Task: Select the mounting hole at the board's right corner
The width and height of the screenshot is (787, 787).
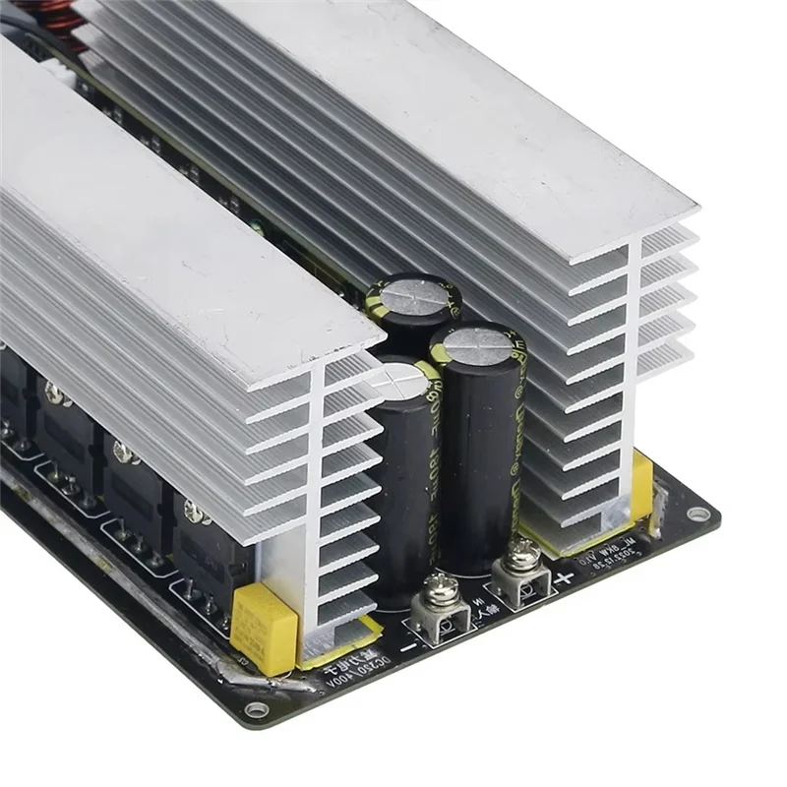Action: point(697,514)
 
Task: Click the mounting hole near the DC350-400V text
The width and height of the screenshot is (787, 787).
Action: point(257,708)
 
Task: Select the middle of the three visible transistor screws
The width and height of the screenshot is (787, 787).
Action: point(124,452)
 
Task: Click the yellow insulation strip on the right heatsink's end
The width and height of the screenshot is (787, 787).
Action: point(641,482)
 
